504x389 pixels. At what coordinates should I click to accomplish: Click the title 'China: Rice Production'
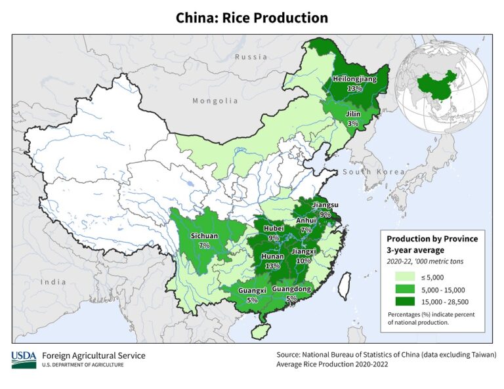click(251, 18)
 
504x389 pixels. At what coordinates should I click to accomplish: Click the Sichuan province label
click(203, 235)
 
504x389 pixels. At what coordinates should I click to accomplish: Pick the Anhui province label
click(306, 221)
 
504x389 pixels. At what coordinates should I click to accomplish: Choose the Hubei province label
click(274, 228)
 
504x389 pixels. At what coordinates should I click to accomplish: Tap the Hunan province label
click(272, 257)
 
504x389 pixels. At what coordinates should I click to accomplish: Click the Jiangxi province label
click(303, 251)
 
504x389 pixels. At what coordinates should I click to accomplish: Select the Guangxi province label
click(252, 291)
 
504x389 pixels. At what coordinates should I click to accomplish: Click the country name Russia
click(251, 57)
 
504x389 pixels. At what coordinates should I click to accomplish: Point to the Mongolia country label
click(215, 101)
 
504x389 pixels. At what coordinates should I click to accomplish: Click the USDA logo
click(24, 359)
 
